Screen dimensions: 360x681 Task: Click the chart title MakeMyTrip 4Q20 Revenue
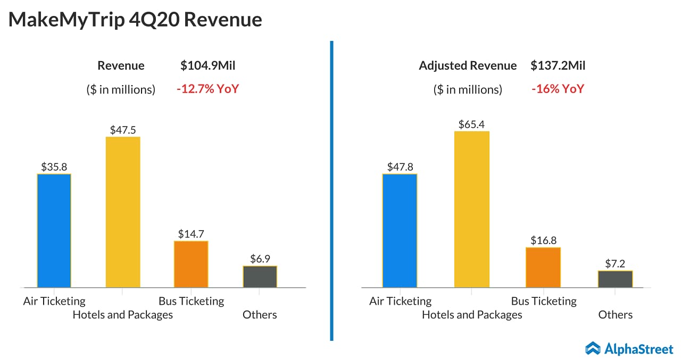click(x=135, y=20)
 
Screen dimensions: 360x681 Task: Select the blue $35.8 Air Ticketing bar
click(x=54, y=230)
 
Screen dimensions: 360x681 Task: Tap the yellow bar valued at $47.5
click(x=123, y=212)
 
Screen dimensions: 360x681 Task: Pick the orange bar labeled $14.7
click(x=191, y=264)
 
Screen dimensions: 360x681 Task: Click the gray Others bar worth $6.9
click(x=260, y=277)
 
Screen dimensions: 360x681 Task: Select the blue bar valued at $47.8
click(x=400, y=230)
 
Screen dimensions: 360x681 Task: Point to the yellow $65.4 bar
click(x=471, y=209)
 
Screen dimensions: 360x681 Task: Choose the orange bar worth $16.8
click(x=543, y=267)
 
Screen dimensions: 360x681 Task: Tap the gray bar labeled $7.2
click(x=615, y=279)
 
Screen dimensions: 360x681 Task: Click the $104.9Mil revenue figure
click(x=207, y=66)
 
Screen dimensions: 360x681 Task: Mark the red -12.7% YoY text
click(x=207, y=89)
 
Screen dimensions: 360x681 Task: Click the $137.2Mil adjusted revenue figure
click(x=558, y=66)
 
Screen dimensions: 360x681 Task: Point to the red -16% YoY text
click(x=558, y=89)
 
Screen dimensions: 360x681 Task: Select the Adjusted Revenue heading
click(x=467, y=66)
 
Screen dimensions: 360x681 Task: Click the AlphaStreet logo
click(x=629, y=348)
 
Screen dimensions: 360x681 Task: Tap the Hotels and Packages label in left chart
click(x=122, y=315)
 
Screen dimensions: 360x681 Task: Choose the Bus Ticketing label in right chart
click(x=544, y=301)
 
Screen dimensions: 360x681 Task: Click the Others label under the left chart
click(x=260, y=315)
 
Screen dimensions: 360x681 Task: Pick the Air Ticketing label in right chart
click(x=400, y=301)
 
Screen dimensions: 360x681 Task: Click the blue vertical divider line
click(x=331, y=191)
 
